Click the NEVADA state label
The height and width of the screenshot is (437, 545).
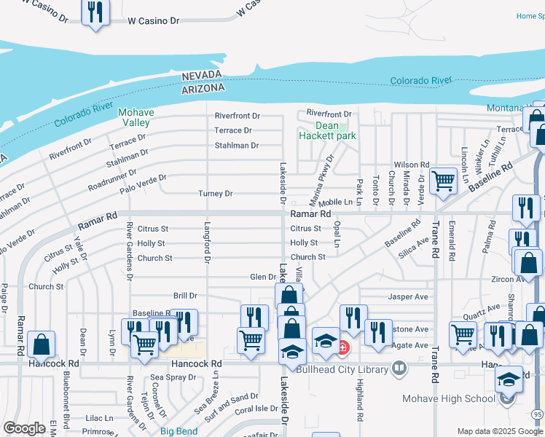[x=203, y=77]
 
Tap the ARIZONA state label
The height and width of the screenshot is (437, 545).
[x=203, y=88]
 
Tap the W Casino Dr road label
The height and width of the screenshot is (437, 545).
[x=153, y=21]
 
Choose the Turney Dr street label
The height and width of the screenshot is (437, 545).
[x=215, y=194]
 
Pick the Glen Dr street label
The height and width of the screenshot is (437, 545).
[x=263, y=277]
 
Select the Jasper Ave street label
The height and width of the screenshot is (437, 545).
[x=408, y=297]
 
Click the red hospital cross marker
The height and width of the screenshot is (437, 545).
[x=341, y=347]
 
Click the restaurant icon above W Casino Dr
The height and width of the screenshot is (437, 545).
[x=95, y=12]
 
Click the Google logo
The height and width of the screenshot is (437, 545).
[x=24, y=428]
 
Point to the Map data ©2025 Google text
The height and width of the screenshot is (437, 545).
[x=499, y=431]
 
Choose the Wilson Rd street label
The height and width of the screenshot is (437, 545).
[x=412, y=165]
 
